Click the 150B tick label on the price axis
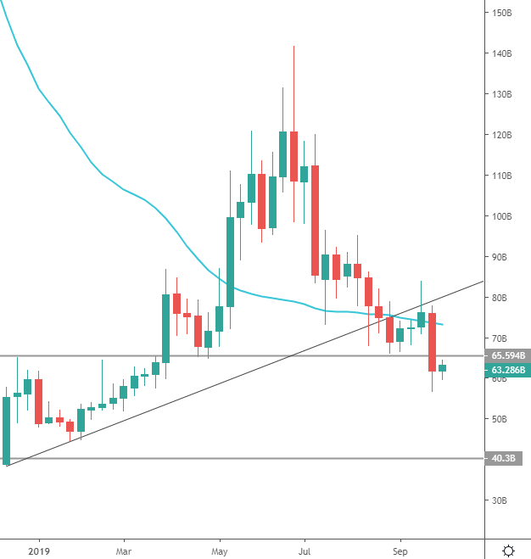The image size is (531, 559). click(x=502, y=13)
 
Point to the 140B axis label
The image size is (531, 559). click(x=502, y=53)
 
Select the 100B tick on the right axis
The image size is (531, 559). click(x=502, y=216)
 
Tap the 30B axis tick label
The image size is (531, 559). click(x=500, y=500)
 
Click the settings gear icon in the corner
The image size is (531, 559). click(x=508, y=550)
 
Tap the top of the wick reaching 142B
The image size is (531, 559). click(x=293, y=47)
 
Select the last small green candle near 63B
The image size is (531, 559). click(x=442, y=367)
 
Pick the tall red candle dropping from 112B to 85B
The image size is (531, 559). click(x=315, y=221)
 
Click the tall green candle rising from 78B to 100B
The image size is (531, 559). click(x=230, y=261)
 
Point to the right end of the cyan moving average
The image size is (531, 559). click(x=443, y=325)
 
